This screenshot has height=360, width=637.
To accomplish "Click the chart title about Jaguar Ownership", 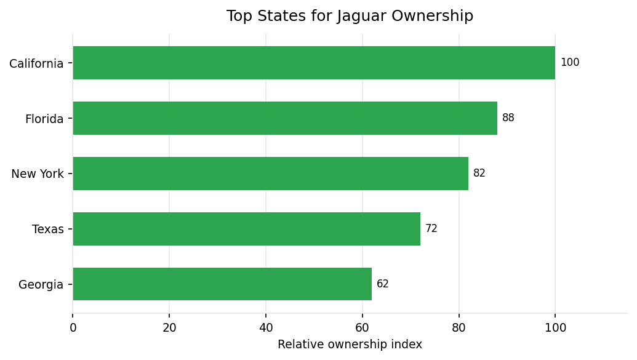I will point(350,17).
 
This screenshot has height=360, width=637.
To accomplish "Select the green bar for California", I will point(314,63).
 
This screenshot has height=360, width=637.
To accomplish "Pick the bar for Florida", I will point(285,118).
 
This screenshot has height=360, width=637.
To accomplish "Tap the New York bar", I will point(270,174).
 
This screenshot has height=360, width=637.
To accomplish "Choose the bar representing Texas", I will point(246,229).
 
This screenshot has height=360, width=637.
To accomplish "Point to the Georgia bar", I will point(222,284).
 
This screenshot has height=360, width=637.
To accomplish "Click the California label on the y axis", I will point(36,63).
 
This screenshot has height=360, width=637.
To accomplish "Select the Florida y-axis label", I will point(44,119).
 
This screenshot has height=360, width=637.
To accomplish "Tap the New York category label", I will point(38,174).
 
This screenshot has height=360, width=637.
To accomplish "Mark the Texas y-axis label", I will point(48,230).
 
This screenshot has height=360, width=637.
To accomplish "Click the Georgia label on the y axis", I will point(41,285).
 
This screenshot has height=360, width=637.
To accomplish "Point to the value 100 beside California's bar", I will point(570,63).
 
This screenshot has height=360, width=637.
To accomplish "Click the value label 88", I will point(508,118).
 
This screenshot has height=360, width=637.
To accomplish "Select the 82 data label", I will point(479,174).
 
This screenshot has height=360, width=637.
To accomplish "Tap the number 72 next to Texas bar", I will point(431,229).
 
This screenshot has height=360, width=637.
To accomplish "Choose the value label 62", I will point(383,284).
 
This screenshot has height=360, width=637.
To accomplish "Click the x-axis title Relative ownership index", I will point(350,345).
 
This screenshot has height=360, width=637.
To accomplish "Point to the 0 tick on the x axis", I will point(73,328).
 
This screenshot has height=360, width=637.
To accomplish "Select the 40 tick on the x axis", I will point(266,328).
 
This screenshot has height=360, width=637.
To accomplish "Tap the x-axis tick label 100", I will point(555,328).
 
